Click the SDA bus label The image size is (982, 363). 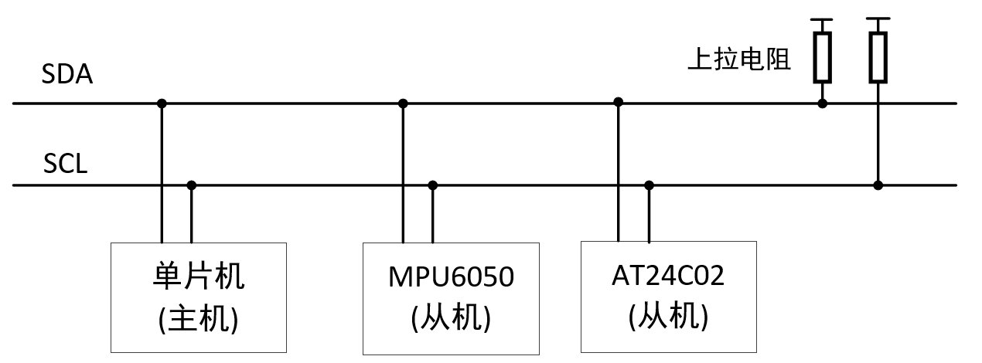click(67, 76)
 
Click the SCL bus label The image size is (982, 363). click(66, 165)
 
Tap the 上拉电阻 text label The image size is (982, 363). click(739, 60)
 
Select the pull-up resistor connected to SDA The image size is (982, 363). click(822, 57)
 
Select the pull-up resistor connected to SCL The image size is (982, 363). click(878, 57)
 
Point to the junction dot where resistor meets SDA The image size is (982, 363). click(822, 103)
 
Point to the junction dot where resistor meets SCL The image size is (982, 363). click(878, 185)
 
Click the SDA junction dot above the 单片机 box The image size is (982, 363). click(162, 103)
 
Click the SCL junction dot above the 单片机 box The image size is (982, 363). click(192, 185)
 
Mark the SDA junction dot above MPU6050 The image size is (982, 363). click(403, 103)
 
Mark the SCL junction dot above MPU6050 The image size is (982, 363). click(433, 185)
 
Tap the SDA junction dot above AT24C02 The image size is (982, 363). click(618, 101)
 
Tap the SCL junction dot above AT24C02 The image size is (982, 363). click(649, 185)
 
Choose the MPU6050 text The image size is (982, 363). click(451, 277)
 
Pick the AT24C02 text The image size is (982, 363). click(667, 276)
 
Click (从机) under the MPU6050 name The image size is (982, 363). click(451, 317)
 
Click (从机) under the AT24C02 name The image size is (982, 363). click(667, 316)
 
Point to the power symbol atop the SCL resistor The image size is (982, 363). click(878, 19)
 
